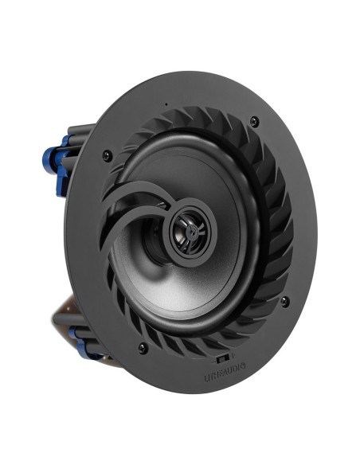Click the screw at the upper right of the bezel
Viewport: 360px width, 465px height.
[253, 121]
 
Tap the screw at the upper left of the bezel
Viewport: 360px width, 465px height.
[107, 156]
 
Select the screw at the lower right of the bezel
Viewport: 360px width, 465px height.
[284, 301]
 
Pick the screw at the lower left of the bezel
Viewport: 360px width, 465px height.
[143, 348]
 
